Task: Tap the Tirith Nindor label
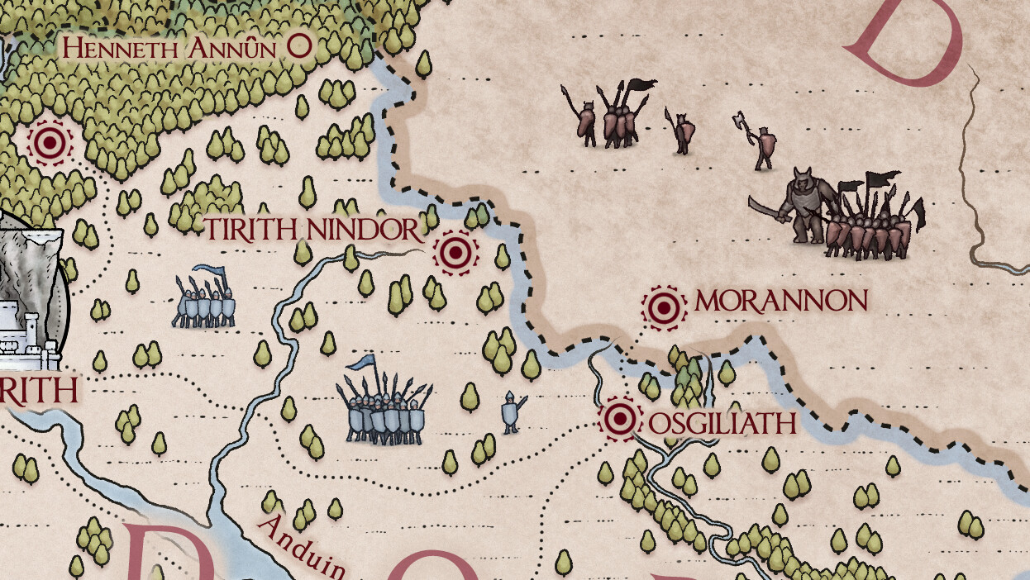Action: click(x=312, y=229)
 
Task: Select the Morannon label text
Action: click(x=781, y=302)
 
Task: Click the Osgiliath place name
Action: click(x=722, y=424)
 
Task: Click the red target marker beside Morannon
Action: click(x=664, y=307)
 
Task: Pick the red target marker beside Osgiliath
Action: click(x=619, y=418)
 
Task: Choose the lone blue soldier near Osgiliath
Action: click(x=512, y=411)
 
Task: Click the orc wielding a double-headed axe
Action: click(x=760, y=143)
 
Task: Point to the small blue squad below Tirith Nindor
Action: click(x=203, y=302)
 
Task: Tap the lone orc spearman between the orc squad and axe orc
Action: click(x=681, y=131)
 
